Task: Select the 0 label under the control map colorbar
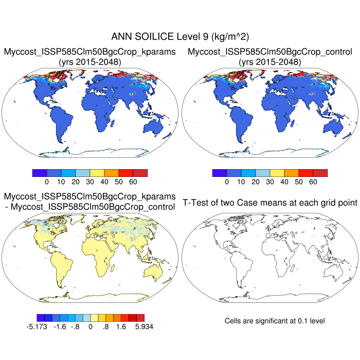[x=226, y=182]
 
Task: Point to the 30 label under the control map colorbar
[x=269, y=182]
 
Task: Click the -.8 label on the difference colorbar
[x=76, y=326]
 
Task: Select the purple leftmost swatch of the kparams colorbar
[x=39, y=173]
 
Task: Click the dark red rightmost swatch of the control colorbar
[x=320, y=173]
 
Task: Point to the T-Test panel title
[x=270, y=203]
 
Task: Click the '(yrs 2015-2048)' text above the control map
[x=270, y=62]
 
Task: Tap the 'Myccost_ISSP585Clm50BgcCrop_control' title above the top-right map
[x=270, y=51]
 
